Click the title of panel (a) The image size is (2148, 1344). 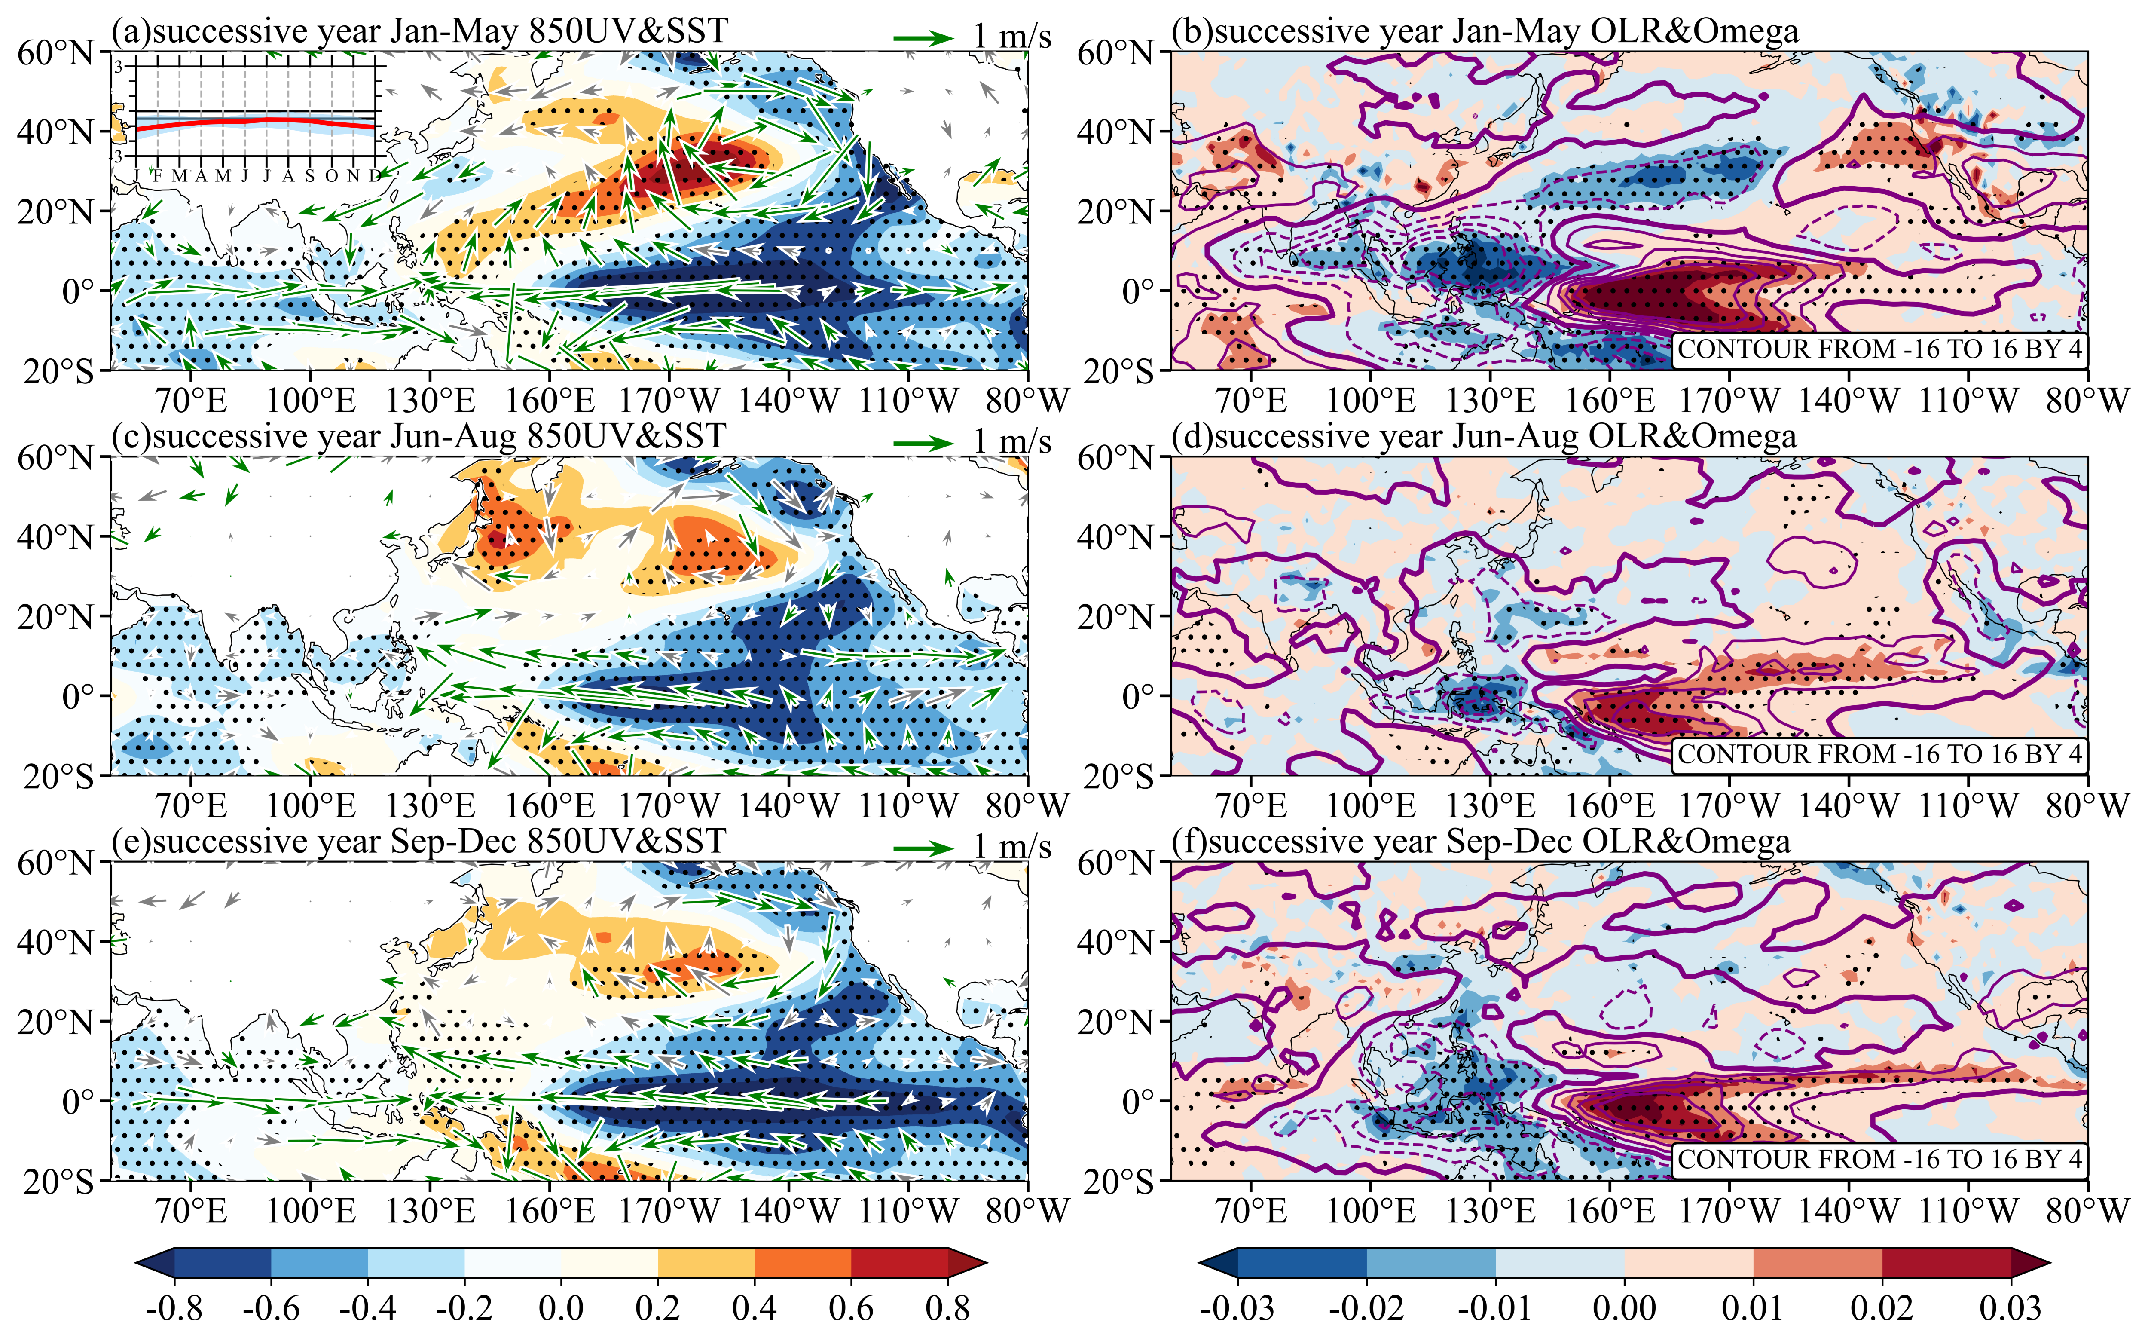click(419, 32)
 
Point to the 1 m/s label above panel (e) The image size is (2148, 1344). click(1011, 847)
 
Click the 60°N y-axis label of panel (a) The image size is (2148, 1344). click(55, 53)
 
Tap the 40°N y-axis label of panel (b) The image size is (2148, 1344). click(1115, 132)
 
